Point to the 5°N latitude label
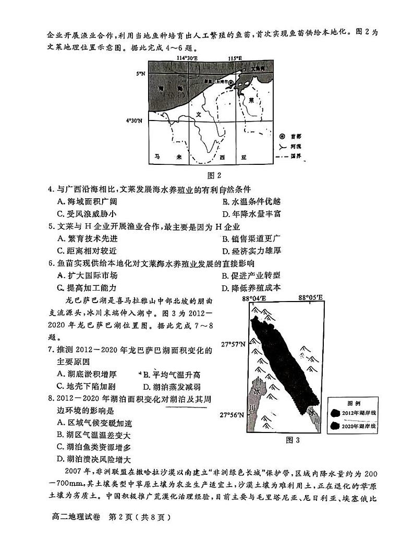tap(141, 74)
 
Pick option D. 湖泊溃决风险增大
tap(96, 459)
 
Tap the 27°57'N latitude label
tap(232, 345)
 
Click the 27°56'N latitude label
tap(232, 415)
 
